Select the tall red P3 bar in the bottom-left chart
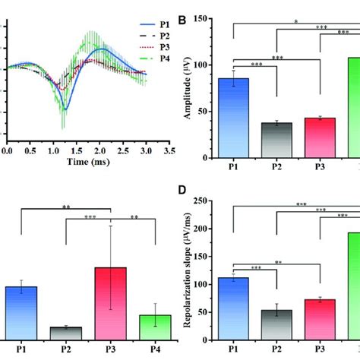(111, 303)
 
